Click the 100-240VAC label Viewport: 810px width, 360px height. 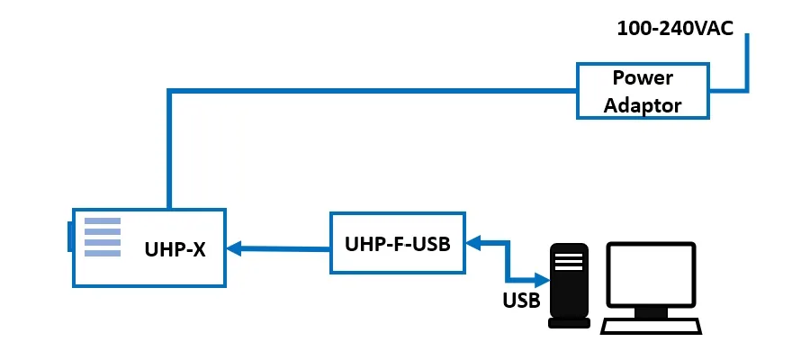click(x=674, y=28)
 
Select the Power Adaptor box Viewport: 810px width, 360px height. click(x=642, y=90)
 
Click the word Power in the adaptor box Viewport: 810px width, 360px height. click(x=643, y=77)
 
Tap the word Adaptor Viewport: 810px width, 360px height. click(x=643, y=104)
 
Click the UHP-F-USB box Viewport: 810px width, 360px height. click(x=397, y=243)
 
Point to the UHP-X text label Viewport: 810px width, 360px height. click(x=175, y=249)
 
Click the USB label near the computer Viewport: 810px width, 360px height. click(x=521, y=300)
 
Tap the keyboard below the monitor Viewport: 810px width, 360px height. click(x=650, y=327)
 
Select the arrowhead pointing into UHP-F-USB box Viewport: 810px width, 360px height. click(x=472, y=241)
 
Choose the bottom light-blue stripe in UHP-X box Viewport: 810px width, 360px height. click(x=102, y=254)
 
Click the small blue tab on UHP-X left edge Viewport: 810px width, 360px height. click(x=69, y=237)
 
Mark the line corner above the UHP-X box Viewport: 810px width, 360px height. click(x=168, y=91)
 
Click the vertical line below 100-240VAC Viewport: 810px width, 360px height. click(x=746, y=63)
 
